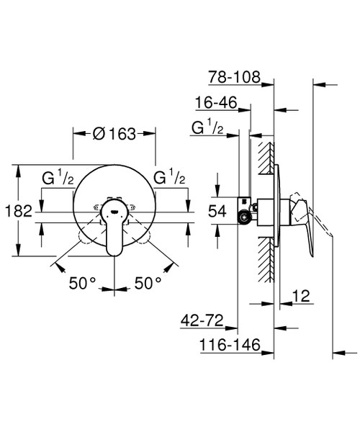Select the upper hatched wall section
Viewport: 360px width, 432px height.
(x=266, y=155)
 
